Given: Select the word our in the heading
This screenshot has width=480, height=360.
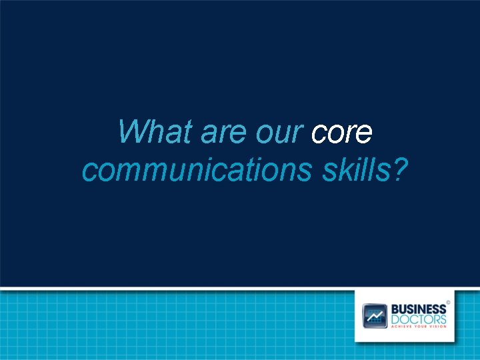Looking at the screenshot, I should pyautogui.click(x=281, y=133).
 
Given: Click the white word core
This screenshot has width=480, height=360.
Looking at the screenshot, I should pyautogui.click(x=341, y=133).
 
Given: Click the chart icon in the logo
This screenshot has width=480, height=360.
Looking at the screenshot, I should pyautogui.click(x=375, y=315).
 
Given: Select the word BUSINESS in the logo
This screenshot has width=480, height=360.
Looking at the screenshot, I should pyautogui.click(x=418, y=309).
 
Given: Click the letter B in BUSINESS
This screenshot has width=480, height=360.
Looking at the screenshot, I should pyautogui.click(x=394, y=309).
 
